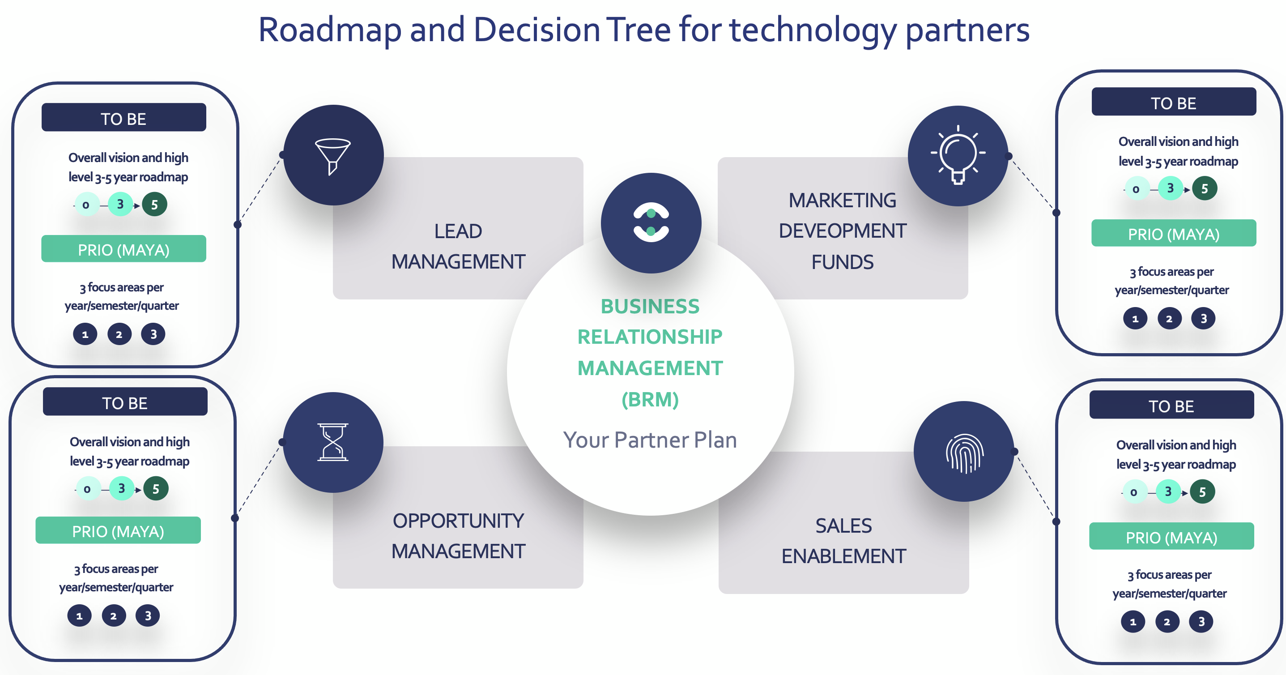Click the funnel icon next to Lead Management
pyautogui.click(x=332, y=156)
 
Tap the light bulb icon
pyautogui.click(x=958, y=155)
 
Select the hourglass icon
pyautogui.click(x=333, y=442)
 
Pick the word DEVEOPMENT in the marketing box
pyautogui.click(x=842, y=231)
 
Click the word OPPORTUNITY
pyautogui.click(x=458, y=521)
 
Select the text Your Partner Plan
pyautogui.click(x=650, y=440)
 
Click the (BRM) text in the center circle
pyautogui.click(x=650, y=399)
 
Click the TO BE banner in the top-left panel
pyautogui.click(x=123, y=118)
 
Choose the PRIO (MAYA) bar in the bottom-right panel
pyautogui.click(x=1171, y=537)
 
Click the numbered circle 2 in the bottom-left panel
pyautogui.click(x=113, y=615)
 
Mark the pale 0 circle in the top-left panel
pyautogui.click(x=86, y=205)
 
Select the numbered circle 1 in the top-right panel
pyautogui.click(x=1135, y=319)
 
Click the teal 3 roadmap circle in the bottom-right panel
pyautogui.click(x=1168, y=492)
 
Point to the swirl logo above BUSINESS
pyautogui.click(x=651, y=222)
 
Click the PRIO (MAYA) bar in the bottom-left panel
pyautogui.click(x=118, y=531)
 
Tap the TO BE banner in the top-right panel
pyautogui.click(x=1173, y=103)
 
